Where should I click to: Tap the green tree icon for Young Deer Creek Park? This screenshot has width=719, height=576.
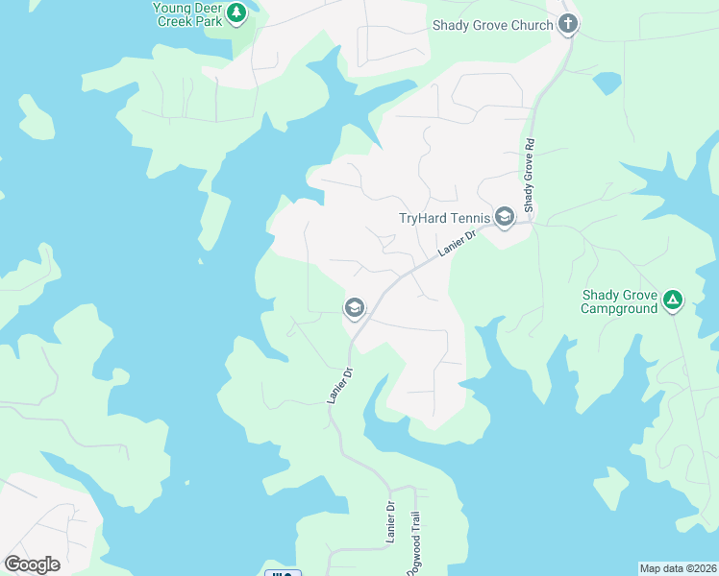(236, 13)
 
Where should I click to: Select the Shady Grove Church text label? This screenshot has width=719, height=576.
(493, 26)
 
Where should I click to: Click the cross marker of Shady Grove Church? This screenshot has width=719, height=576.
(568, 24)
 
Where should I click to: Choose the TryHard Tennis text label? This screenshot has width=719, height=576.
(444, 218)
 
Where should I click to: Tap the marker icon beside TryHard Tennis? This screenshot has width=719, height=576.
(505, 217)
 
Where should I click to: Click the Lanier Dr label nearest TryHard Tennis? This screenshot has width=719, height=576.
(458, 242)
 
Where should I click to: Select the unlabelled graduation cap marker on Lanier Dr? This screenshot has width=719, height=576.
(354, 308)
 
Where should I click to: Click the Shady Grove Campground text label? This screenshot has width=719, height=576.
(620, 301)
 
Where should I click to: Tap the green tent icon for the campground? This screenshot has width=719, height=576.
(674, 301)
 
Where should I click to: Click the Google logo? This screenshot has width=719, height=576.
(32, 564)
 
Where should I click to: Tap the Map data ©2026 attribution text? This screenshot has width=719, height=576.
(678, 568)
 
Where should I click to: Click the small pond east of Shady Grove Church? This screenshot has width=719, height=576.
(607, 84)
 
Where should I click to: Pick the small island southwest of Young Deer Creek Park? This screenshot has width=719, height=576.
(36, 117)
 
